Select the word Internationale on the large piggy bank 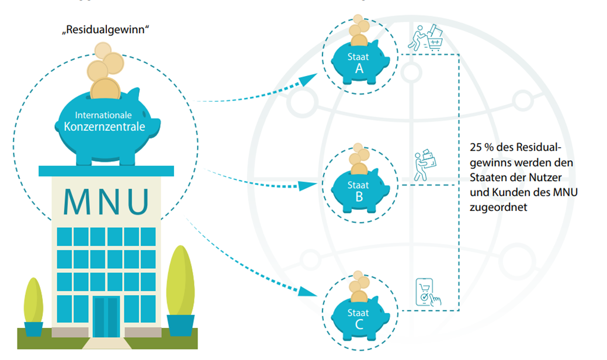[x=102, y=115]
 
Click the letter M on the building [x=78, y=202]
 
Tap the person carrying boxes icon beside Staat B [x=425, y=165]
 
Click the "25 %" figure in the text [x=482, y=147]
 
